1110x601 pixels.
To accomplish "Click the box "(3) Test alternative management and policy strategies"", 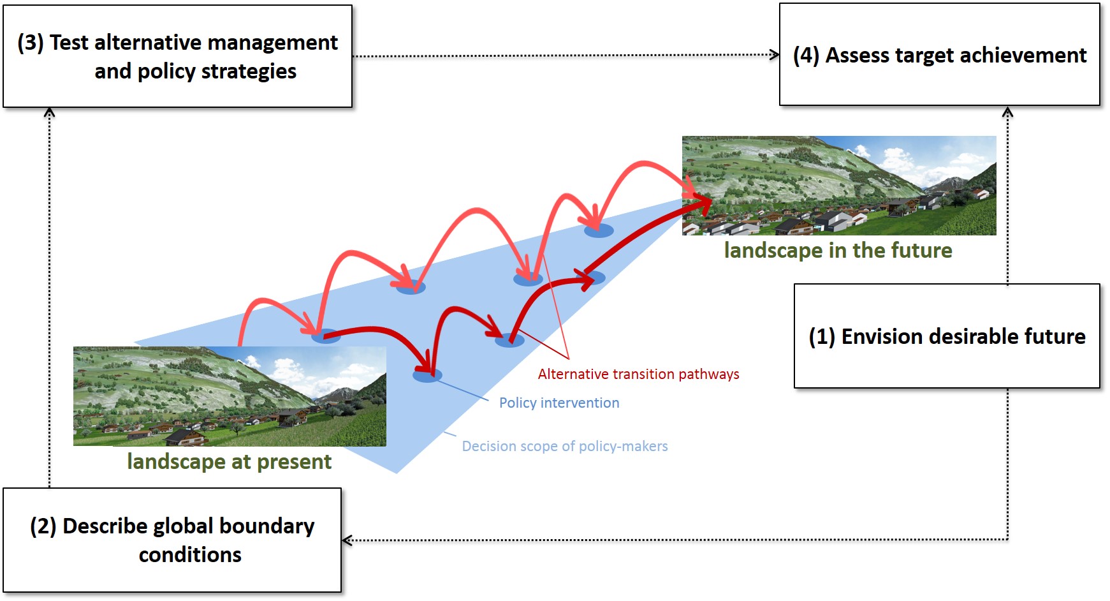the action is pyautogui.click(x=178, y=56).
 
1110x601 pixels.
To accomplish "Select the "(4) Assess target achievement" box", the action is pyautogui.click(x=940, y=54).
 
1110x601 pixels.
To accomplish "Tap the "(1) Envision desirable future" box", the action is pyautogui.click(x=947, y=336).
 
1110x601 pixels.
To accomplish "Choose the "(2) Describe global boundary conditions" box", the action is pyautogui.click(x=172, y=540).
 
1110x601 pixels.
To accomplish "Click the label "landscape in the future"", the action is pyautogui.click(x=838, y=250).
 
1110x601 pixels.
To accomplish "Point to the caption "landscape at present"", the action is pyautogui.click(x=229, y=461).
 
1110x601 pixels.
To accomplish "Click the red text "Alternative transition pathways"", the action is pyautogui.click(x=638, y=374).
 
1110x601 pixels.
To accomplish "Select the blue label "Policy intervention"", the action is pyautogui.click(x=559, y=403).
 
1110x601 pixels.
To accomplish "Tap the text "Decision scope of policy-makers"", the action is pyautogui.click(x=565, y=446).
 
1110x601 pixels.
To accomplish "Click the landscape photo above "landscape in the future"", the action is pyautogui.click(x=839, y=186).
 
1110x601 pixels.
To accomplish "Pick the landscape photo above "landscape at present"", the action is pyautogui.click(x=230, y=396).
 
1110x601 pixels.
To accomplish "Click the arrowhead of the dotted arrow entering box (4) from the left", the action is pyautogui.click(x=775, y=55).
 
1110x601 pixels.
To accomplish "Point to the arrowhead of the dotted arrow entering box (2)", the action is pyautogui.click(x=347, y=540).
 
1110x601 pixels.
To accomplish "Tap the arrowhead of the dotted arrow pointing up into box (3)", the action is pyautogui.click(x=49, y=112).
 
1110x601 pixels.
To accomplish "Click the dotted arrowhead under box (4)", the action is pyautogui.click(x=1007, y=112).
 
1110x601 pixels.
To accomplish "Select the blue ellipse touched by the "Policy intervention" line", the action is pyautogui.click(x=427, y=376).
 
